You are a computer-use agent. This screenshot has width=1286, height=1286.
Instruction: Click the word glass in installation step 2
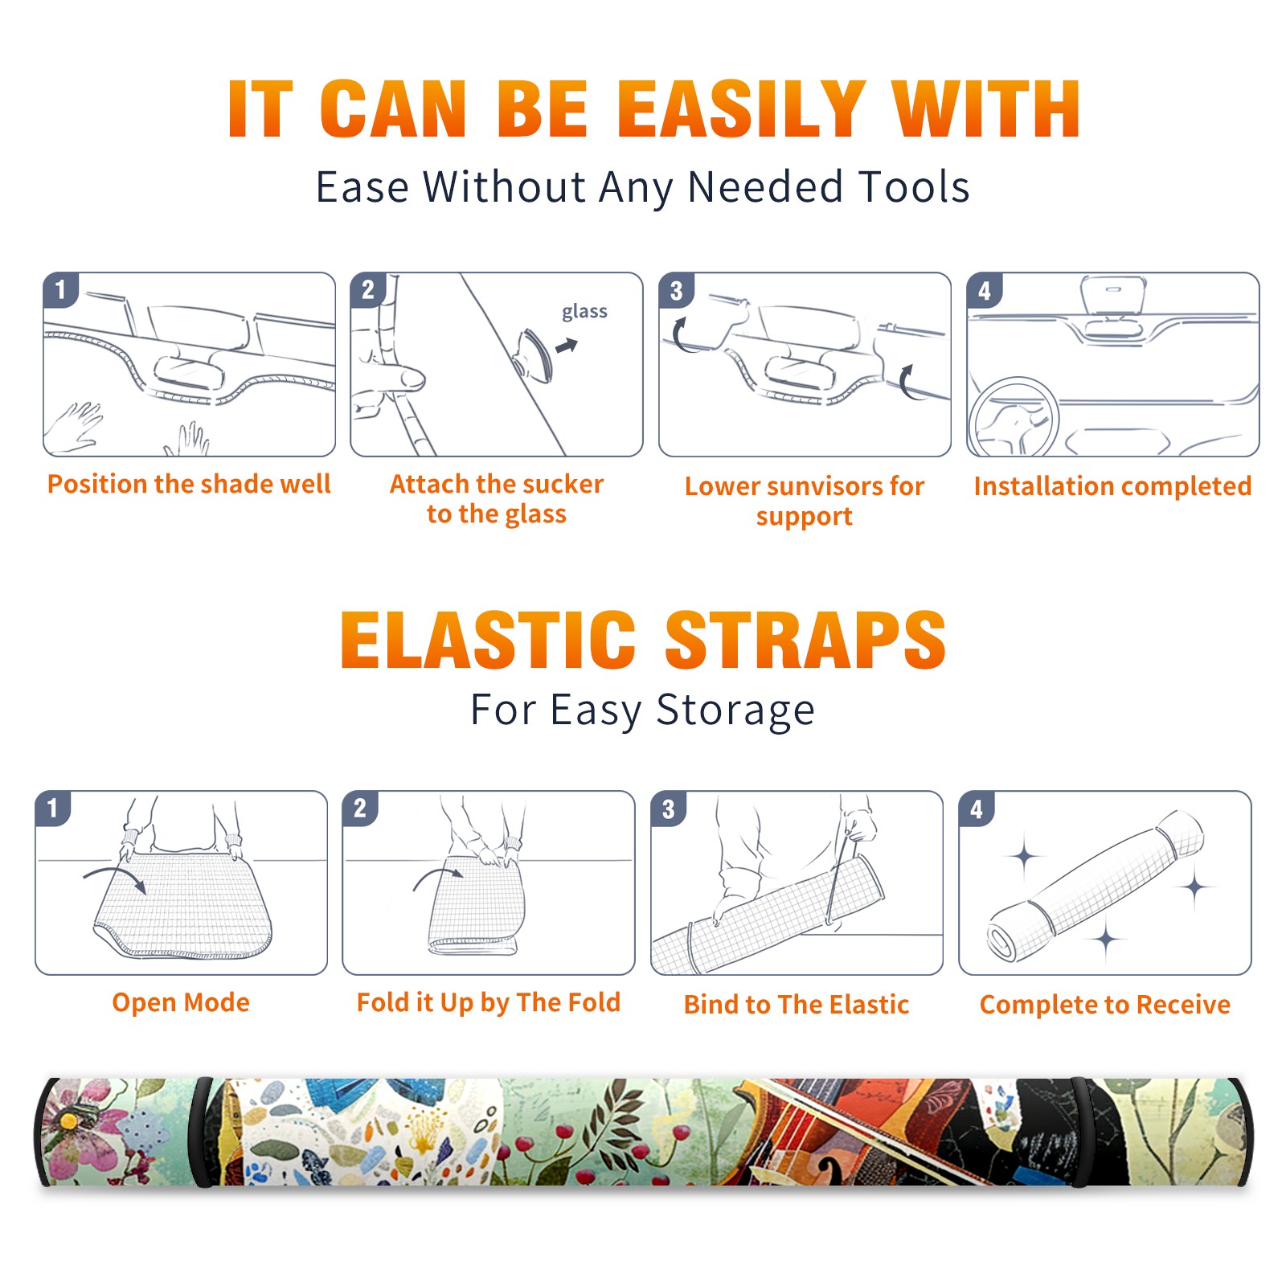click(x=584, y=311)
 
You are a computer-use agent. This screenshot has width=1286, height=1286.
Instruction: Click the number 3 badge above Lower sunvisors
click(x=676, y=290)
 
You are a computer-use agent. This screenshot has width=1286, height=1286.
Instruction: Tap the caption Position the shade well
click(x=189, y=484)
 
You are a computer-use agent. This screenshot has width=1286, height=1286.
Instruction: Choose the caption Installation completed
click(x=1112, y=486)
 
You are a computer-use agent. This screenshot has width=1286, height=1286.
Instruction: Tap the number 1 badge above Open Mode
click(x=53, y=808)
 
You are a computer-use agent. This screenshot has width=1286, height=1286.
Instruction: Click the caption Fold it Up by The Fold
click(x=489, y=1002)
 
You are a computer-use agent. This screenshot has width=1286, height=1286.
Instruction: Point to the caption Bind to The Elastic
click(x=797, y=1005)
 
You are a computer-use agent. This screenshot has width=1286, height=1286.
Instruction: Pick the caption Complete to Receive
click(x=1105, y=1005)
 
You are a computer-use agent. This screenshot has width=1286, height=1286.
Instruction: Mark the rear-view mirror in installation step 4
click(x=1113, y=296)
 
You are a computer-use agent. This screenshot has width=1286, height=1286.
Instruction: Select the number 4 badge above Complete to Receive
click(x=977, y=809)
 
